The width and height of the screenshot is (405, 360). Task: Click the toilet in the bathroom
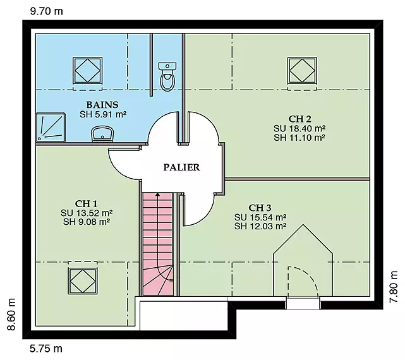(x=167, y=76)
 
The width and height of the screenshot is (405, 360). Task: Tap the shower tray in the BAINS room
(x=51, y=128)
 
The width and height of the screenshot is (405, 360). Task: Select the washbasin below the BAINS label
(x=103, y=134)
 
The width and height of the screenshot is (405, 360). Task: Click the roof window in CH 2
(x=302, y=71)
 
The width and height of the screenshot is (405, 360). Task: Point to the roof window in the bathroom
(x=88, y=71)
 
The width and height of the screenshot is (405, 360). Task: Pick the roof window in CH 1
(x=83, y=281)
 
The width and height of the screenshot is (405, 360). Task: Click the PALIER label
(x=181, y=167)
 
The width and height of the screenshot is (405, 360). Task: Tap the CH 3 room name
(x=260, y=208)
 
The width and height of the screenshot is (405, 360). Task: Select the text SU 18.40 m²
(x=299, y=128)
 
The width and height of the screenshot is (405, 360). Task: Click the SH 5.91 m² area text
(x=103, y=114)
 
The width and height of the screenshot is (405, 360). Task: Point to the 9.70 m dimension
(x=47, y=11)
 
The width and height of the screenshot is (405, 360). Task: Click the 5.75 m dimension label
(x=46, y=349)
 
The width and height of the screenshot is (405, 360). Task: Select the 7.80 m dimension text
(x=394, y=287)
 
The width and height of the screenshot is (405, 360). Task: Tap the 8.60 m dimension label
(x=11, y=315)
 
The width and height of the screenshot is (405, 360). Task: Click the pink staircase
(x=158, y=244)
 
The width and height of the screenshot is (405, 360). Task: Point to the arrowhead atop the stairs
(x=157, y=195)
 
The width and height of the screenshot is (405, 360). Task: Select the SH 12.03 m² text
(x=260, y=226)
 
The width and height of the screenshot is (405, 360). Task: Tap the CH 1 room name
(x=87, y=204)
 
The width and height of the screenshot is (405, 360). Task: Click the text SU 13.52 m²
(x=87, y=213)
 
